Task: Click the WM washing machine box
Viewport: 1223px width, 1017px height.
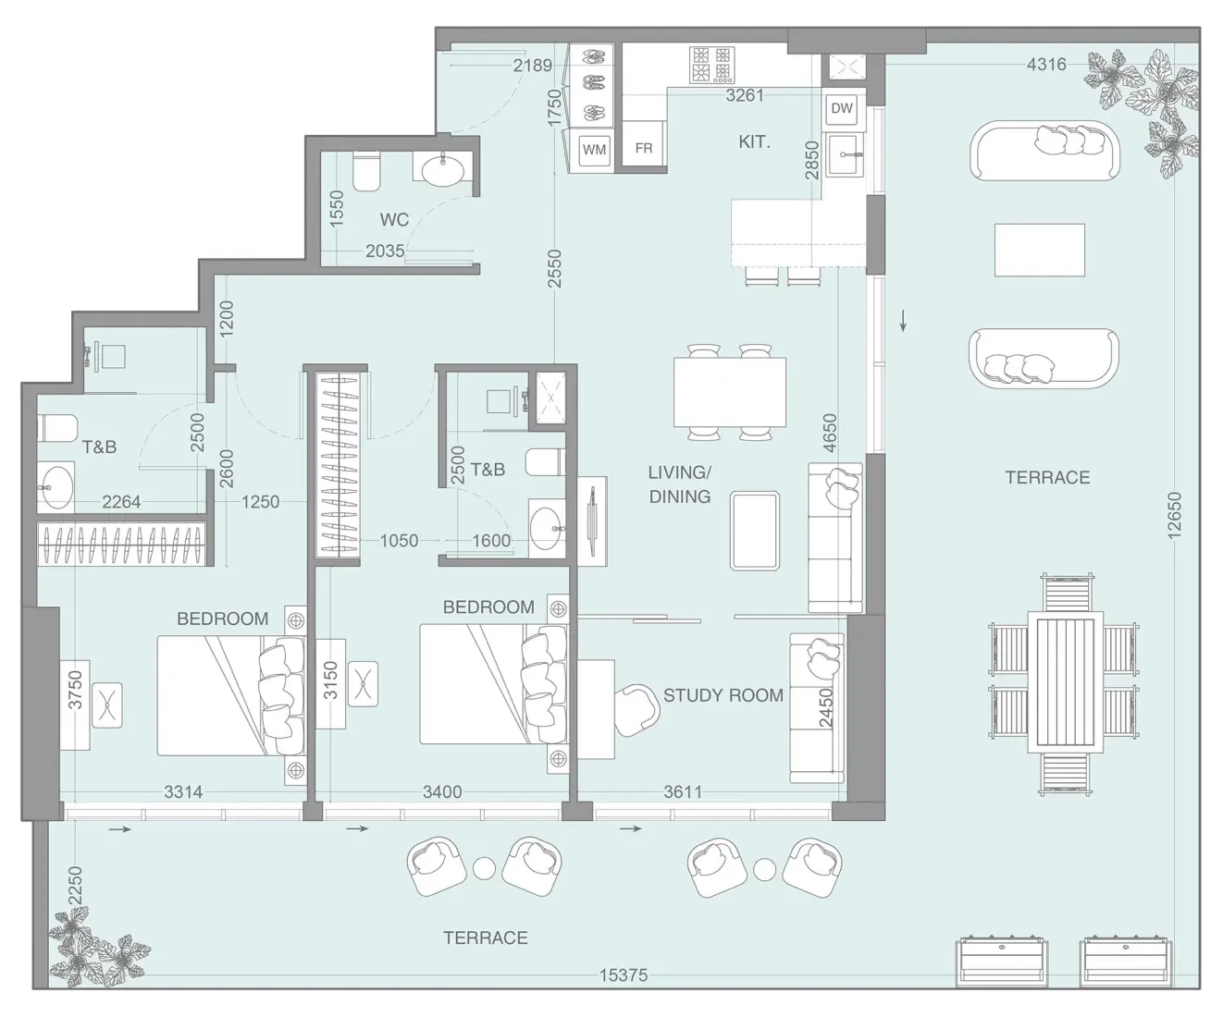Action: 594,149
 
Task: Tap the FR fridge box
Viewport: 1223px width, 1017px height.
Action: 644,148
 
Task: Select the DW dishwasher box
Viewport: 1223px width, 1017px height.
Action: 842,108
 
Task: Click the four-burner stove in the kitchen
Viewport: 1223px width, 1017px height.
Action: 711,65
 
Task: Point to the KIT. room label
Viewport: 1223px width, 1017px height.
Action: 754,142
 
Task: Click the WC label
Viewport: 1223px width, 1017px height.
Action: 394,220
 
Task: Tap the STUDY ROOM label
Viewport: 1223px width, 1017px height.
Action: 723,695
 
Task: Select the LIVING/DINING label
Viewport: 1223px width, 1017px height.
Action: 679,484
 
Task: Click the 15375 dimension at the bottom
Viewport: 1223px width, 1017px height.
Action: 624,974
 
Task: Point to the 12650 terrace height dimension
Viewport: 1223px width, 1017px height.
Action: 1174,515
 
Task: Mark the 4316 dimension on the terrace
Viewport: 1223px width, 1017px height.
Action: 1046,64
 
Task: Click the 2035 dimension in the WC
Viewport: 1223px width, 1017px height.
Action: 384,251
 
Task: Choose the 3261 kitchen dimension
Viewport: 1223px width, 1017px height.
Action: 745,94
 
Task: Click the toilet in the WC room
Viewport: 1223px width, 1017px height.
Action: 366,171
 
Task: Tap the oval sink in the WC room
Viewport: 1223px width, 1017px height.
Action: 446,170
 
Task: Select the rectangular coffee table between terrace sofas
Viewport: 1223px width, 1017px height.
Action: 1040,250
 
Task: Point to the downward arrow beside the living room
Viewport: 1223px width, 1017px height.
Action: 903,321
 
